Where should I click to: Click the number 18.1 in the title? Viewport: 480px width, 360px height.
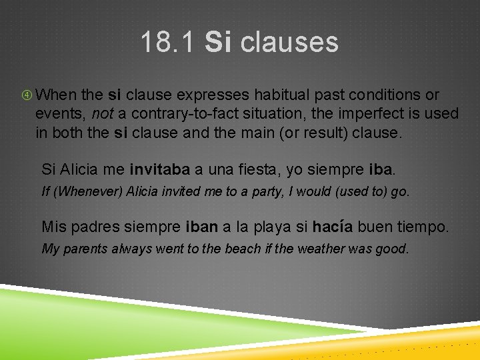[168, 42]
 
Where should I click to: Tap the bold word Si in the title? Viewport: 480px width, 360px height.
[218, 42]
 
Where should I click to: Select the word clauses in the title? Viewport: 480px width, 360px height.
[289, 42]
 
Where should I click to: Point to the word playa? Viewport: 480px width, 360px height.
[271, 227]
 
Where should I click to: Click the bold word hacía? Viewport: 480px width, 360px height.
[331, 227]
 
